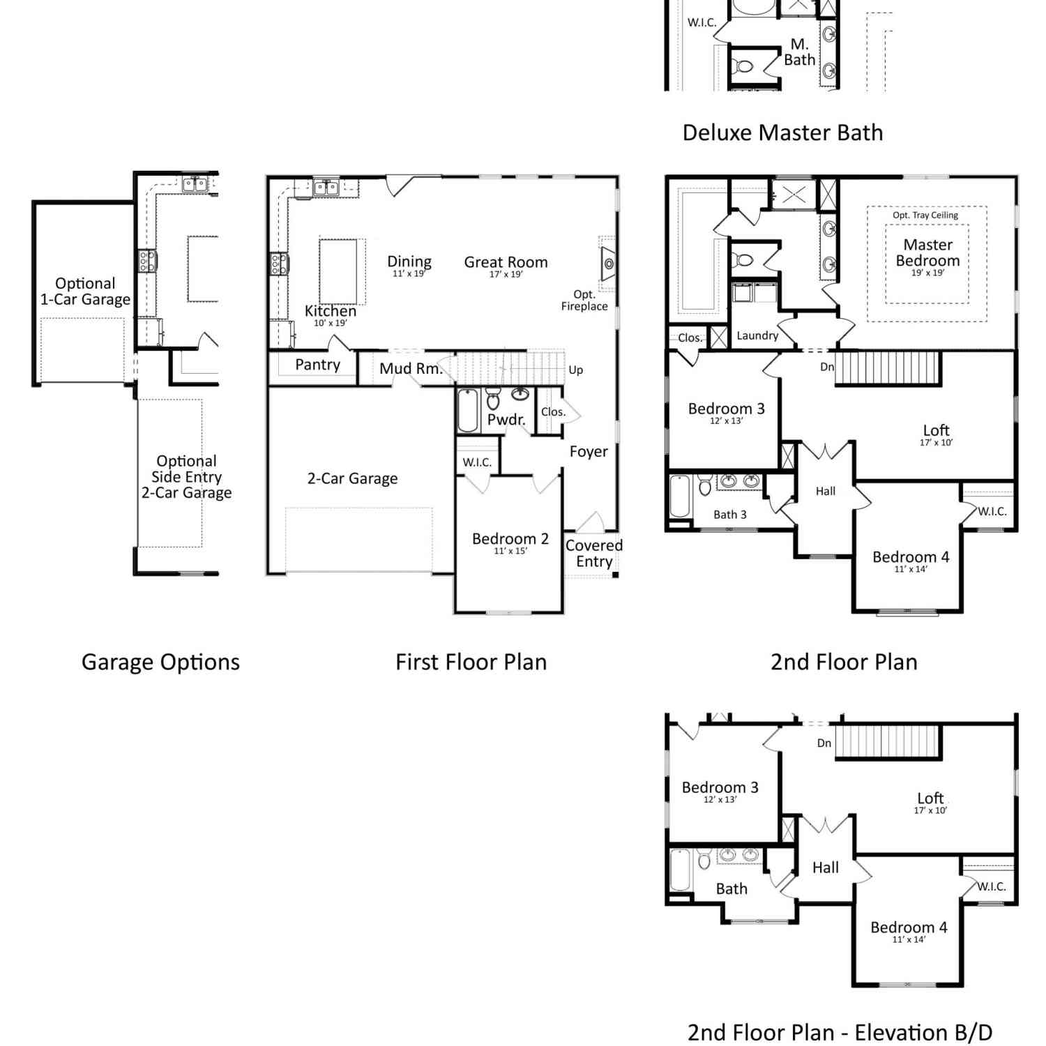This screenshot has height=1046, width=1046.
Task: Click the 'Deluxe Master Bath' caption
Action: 782,132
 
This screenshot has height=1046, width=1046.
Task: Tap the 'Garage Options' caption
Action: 160,662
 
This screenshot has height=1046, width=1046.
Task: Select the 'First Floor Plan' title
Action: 471,662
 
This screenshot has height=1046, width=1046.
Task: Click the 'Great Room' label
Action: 506,262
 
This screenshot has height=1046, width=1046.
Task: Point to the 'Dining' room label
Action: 409,262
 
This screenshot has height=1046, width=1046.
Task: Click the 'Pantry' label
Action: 317,365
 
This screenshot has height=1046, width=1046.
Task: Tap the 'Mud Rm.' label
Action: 411,369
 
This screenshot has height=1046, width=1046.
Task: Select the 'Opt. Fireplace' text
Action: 584,301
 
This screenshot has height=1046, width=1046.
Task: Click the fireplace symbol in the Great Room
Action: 608,264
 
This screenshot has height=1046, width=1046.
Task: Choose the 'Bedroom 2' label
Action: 510,539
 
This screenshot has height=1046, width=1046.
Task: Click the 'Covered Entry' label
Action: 593,554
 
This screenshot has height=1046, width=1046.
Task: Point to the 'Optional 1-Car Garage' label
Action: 85,291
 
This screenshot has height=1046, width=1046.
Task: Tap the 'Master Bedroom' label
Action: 927,252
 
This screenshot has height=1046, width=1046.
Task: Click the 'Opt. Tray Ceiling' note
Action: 925,215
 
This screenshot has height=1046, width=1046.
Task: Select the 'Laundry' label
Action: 757,335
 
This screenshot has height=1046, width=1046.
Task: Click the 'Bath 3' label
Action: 729,515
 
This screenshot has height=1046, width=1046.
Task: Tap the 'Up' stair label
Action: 575,370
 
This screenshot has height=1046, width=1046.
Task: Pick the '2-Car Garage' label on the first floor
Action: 352,478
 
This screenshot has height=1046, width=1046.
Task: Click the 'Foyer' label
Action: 589,452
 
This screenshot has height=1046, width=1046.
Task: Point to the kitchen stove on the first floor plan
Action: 280,264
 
